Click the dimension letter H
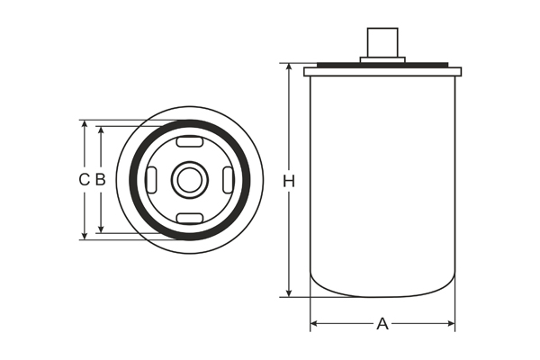[x=289, y=181]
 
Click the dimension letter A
[x=382, y=323]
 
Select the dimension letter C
[x=84, y=179]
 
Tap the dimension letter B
[x=101, y=179]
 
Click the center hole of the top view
[x=190, y=180]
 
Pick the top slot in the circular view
[x=190, y=141]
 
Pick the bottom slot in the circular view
[x=190, y=219]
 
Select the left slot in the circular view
[x=151, y=180]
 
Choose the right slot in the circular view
[x=229, y=180]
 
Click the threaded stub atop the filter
[x=382, y=42]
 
